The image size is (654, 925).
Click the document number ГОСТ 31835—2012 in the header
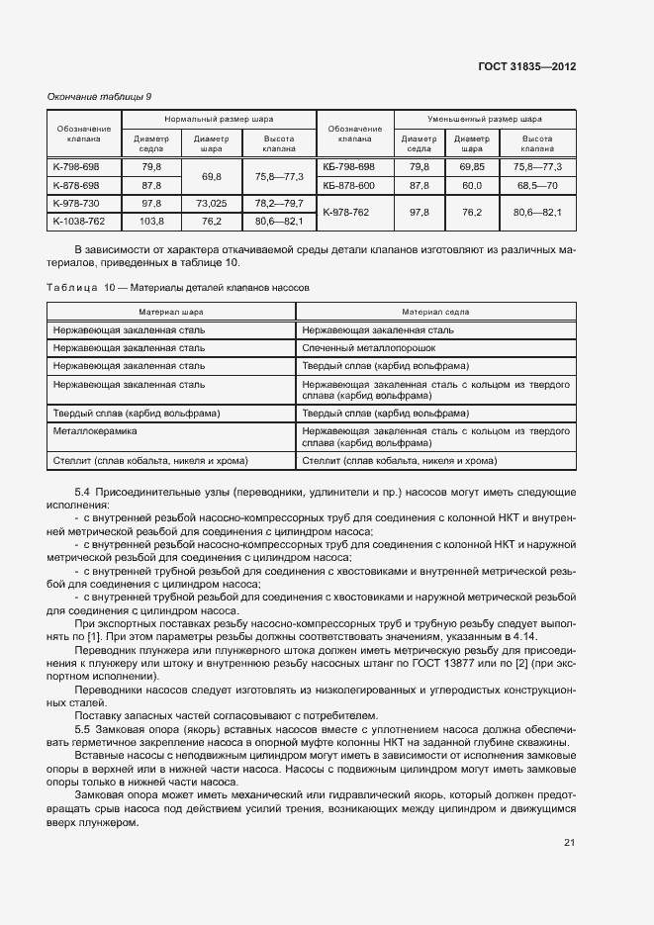click(x=526, y=66)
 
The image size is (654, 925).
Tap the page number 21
click(x=569, y=843)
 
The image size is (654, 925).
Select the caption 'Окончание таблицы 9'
click(x=99, y=97)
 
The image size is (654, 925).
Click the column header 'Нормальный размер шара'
click(x=219, y=117)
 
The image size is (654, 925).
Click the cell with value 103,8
click(x=151, y=221)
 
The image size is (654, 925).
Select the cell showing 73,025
click(x=212, y=203)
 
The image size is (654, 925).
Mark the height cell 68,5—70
click(x=537, y=185)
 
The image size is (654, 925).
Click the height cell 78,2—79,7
click(x=279, y=203)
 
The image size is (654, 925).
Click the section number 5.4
click(x=83, y=492)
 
